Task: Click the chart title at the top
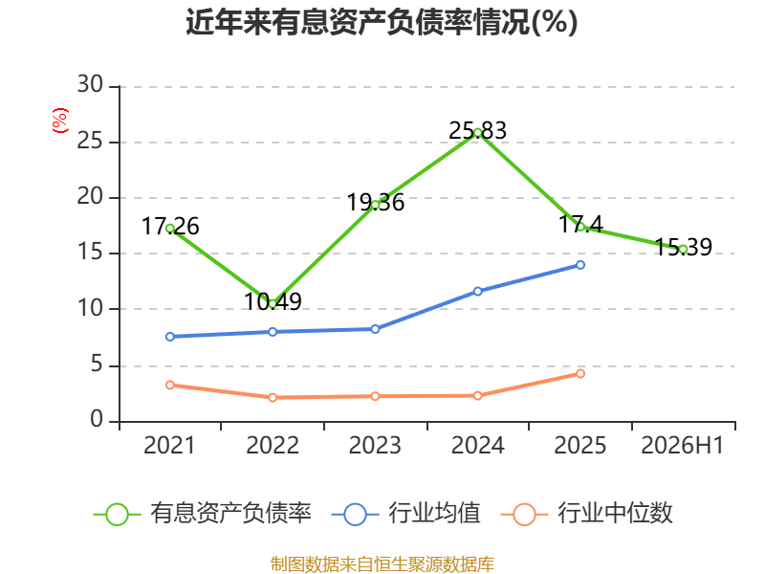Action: click(x=382, y=22)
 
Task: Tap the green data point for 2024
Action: click(x=477, y=132)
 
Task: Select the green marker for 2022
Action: click(x=273, y=303)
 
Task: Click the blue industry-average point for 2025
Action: click(x=580, y=265)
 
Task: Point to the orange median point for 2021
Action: click(x=170, y=386)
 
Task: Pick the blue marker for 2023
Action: click(x=375, y=329)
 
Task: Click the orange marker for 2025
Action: click(x=580, y=374)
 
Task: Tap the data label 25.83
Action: click(x=477, y=131)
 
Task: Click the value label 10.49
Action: click(x=273, y=301)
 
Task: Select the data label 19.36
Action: click(x=375, y=203)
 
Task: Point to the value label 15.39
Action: click(x=683, y=247)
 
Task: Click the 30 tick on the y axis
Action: click(x=90, y=84)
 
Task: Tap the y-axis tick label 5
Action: click(x=97, y=364)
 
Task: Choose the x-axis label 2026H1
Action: click(x=682, y=445)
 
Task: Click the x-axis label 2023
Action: click(x=375, y=445)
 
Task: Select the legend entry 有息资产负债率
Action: click(x=203, y=514)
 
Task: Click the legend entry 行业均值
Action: click(x=405, y=514)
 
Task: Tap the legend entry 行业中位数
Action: click(x=587, y=514)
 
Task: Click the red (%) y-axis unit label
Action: click(x=60, y=121)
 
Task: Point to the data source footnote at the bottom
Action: click(x=382, y=564)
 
